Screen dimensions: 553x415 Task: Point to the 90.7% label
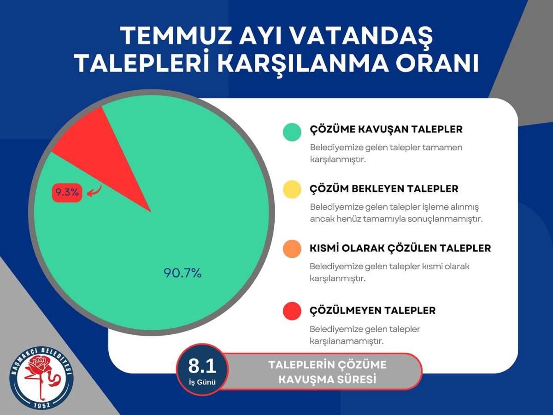182,273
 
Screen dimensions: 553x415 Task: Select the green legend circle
292,132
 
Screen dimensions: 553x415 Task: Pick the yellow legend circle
292,189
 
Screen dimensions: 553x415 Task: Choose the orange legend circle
292,249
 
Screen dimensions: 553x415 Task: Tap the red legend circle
292,311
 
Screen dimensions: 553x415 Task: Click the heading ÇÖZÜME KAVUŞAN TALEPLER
386,130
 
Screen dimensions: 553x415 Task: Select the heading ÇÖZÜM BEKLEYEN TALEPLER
384,189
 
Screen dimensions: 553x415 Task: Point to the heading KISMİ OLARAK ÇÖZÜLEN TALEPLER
400,248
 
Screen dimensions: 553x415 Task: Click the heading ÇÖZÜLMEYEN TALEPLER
373,310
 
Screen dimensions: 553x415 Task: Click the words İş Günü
202,382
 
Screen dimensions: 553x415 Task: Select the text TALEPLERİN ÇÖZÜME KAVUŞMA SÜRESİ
327,372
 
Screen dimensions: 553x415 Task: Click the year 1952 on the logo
42,405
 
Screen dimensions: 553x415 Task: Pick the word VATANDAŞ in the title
362,36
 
